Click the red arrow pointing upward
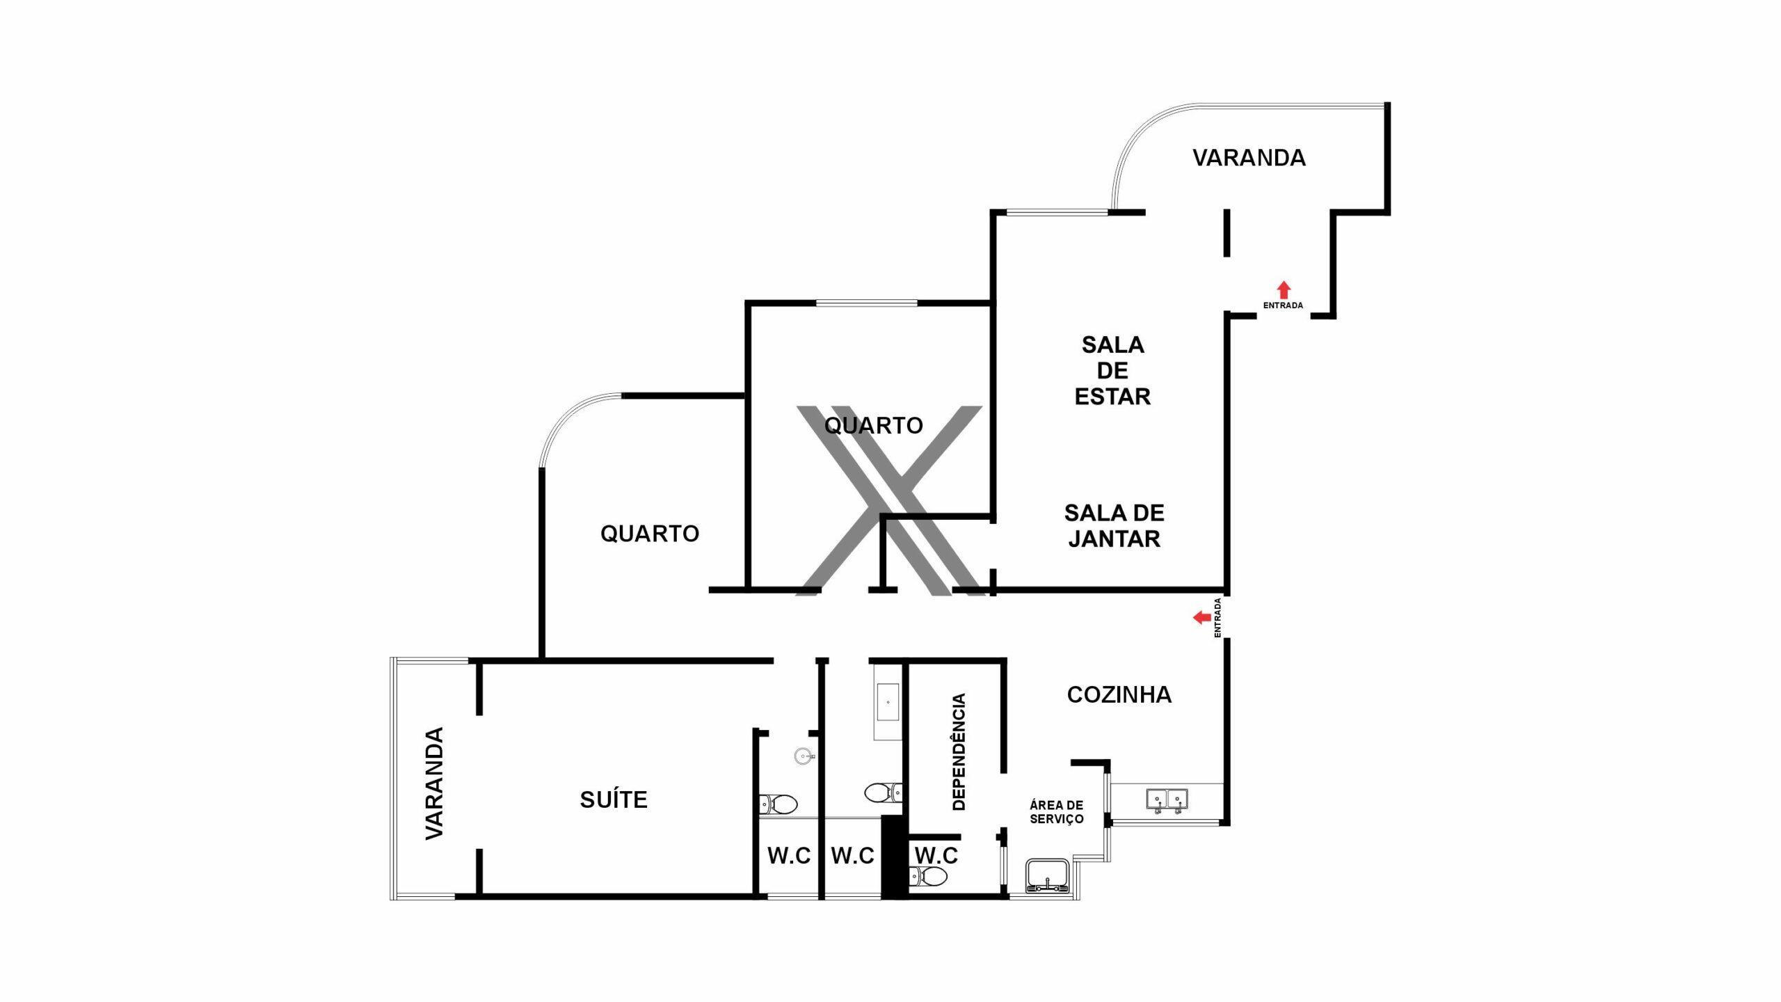tap(1284, 290)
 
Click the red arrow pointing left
tap(1202, 617)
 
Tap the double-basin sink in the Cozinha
tap(1167, 800)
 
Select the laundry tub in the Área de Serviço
tap(1047, 876)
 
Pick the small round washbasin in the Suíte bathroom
tap(805, 756)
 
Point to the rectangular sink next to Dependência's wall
tap(888, 702)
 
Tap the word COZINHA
tap(1119, 694)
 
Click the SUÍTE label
tap(614, 800)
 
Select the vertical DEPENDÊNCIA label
tap(959, 751)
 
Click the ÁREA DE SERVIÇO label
tap(1057, 812)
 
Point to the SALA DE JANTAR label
tap(1115, 525)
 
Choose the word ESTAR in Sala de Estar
tap(1112, 397)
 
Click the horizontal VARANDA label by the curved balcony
tap(1249, 158)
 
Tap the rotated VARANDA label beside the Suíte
tap(434, 784)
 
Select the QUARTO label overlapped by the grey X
tap(874, 425)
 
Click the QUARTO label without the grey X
tap(650, 534)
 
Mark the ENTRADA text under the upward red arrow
tap(1284, 305)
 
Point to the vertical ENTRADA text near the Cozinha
tap(1217, 618)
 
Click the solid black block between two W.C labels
tap(895, 857)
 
